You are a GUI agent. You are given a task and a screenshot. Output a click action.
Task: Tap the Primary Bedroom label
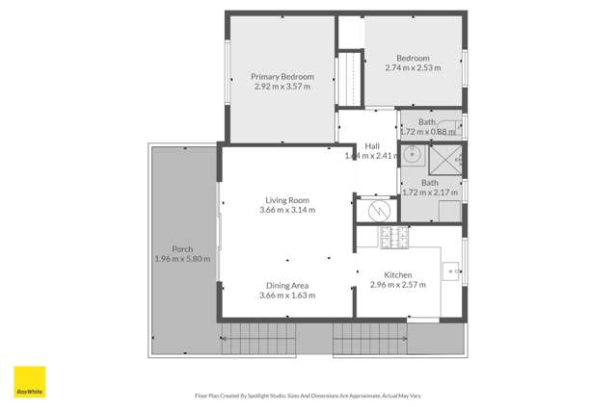pos(282,76)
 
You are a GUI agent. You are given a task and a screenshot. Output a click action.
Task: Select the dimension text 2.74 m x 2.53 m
pos(413,67)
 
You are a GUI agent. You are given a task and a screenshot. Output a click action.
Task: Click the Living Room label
pos(287,200)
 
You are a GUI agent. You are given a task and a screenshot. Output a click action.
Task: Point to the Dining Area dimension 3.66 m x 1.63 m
pos(287,295)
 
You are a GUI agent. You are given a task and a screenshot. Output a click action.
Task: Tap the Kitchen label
pos(398,274)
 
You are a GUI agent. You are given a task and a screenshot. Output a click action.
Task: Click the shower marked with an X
pos(444,159)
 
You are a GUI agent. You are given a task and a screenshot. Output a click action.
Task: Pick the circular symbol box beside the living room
pos(377,209)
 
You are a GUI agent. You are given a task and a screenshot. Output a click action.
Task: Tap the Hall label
pos(372,146)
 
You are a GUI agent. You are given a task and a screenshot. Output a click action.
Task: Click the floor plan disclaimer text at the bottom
pos(308,396)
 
